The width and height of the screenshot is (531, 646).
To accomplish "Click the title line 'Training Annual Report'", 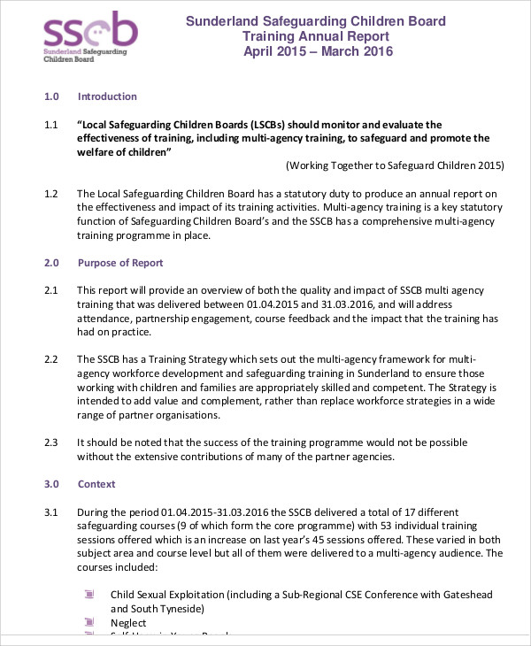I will click(315, 36).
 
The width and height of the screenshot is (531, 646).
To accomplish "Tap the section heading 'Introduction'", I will click(107, 96).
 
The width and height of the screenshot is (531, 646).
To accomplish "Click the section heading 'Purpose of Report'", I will click(120, 264).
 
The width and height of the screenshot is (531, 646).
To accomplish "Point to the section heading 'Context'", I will click(96, 485).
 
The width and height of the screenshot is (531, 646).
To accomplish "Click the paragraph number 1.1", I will click(50, 125).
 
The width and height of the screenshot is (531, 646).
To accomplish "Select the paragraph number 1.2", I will click(50, 194).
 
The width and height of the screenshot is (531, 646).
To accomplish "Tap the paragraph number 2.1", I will click(50, 290).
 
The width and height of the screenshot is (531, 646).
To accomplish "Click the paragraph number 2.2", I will click(50, 359).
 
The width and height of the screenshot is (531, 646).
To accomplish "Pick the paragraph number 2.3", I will click(50, 442).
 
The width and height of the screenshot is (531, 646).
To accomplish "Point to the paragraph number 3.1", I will click(50, 511).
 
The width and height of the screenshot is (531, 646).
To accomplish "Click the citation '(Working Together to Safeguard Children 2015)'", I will click(395, 165).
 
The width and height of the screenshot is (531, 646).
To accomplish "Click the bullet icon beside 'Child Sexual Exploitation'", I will click(88, 595).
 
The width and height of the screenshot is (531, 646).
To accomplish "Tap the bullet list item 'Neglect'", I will click(128, 623).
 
